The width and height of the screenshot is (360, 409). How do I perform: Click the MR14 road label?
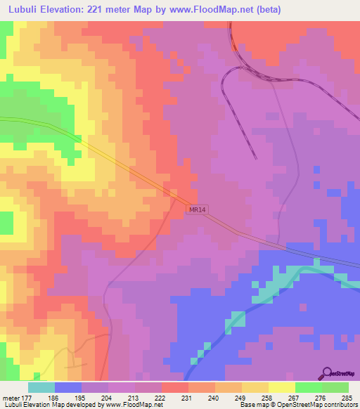[x=198, y=210]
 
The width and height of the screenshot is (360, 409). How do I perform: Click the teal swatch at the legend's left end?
[x=41, y=387]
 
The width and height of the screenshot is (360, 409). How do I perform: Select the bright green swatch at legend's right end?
[x=335, y=387]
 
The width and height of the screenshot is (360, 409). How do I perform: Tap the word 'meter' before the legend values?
[x=10, y=397]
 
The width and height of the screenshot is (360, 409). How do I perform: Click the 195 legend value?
[x=82, y=397]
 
